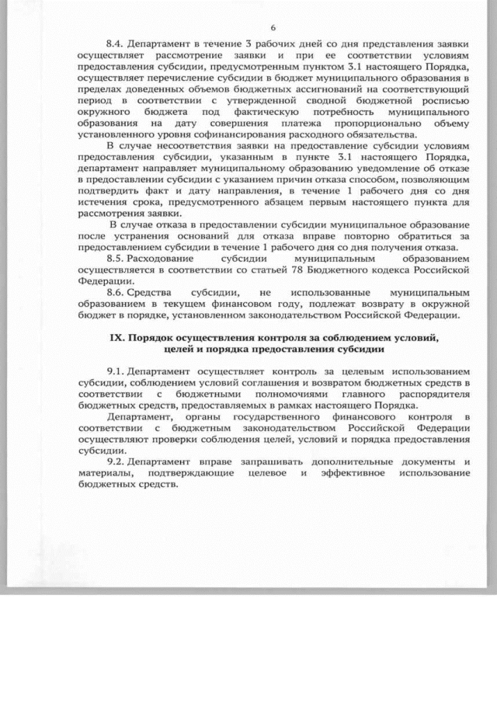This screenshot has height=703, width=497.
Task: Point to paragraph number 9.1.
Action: tap(115, 372)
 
